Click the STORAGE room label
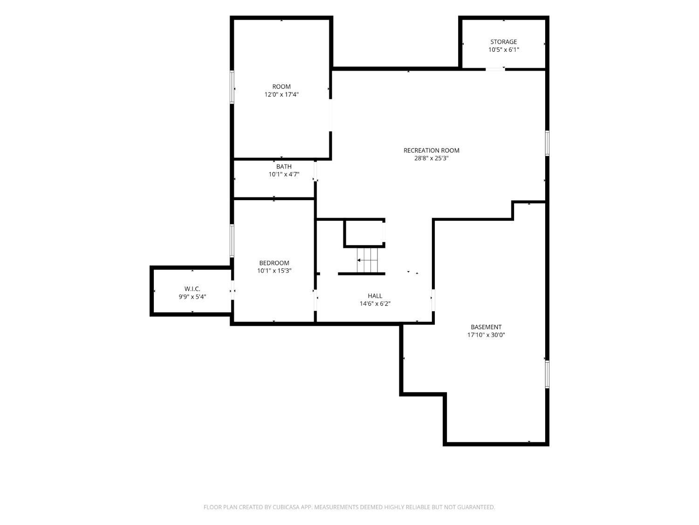tap(503, 42)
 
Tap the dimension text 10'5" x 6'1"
tap(503, 50)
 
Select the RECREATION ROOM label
tap(431, 150)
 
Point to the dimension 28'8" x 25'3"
tap(431, 158)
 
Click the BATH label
tap(284, 167)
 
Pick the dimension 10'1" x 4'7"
tap(284, 175)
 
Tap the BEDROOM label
tap(274, 263)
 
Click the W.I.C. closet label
tap(192, 289)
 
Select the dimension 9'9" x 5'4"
tap(192, 297)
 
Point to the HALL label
tap(375, 296)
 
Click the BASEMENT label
tap(486, 327)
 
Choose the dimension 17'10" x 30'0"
tap(486, 335)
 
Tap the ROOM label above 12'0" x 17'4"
tap(281, 87)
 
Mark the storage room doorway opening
tap(495, 69)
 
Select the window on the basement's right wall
tap(547, 374)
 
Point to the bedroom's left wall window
tap(232, 241)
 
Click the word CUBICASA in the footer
tap(286, 507)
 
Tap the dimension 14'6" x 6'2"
tap(375, 304)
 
